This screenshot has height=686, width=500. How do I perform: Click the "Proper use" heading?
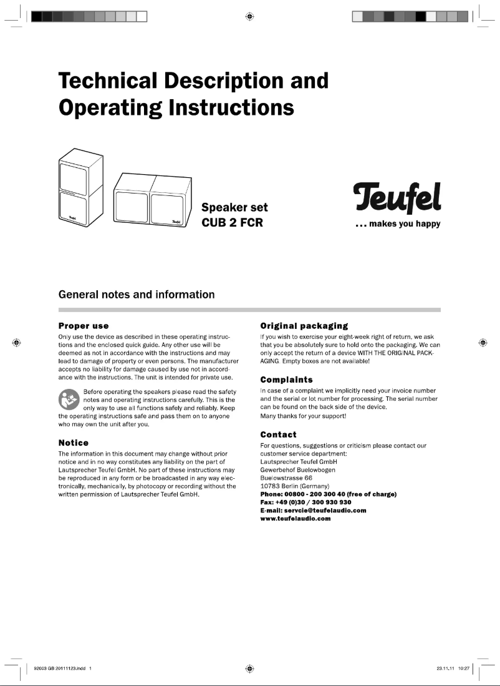click(84, 326)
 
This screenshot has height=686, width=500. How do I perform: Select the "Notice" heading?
click(73, 443)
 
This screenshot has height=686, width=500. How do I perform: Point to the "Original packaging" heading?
click(304, 326)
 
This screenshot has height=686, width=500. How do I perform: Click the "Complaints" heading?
click(286, 380)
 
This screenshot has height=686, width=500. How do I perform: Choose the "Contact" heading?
click(278, 434)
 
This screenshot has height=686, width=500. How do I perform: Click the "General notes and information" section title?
click(137, 295)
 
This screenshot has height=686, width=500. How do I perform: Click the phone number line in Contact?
click(328, 494)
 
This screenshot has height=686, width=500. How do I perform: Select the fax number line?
click(305, 502)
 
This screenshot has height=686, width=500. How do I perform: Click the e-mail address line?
click(312, 510)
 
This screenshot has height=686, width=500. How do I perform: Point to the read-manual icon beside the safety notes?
click(69, 399)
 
